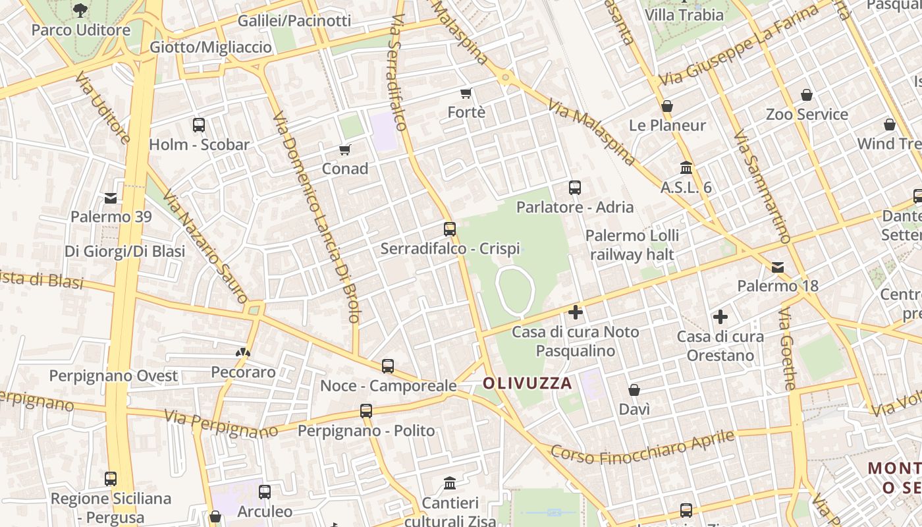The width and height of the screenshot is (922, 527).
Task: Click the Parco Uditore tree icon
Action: (80, 10)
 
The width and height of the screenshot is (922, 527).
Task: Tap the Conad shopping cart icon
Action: (345, 150)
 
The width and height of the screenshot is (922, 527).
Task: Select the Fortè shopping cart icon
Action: (466, 94)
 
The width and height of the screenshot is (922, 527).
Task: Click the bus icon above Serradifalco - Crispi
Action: (450, 229)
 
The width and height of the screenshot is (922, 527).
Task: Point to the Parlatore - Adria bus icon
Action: (575, 188)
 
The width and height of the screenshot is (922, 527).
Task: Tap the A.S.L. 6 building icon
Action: (686, 168)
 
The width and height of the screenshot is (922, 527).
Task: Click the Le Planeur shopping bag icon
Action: (667, 106)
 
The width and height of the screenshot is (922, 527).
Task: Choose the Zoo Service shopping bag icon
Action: (807, 96)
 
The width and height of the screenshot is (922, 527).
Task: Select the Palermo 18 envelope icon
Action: (778, 267)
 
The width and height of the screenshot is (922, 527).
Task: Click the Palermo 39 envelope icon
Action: (111, 198)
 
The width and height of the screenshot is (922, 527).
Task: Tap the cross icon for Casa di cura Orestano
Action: (720, 318)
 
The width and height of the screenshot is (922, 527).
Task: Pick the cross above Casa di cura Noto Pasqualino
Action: (576, 312)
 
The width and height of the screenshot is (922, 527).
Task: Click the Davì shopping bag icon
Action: (634, 391)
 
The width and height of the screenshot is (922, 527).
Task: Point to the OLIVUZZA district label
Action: (528, 383)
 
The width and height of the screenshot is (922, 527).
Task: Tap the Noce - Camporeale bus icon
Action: (388, 366)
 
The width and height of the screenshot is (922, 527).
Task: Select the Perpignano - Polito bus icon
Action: (366, 412)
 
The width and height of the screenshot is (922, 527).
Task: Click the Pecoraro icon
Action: (243, 353)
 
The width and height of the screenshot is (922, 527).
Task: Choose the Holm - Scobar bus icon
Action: (199, 125)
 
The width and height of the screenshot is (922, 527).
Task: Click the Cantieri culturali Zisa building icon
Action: (450, 484)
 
